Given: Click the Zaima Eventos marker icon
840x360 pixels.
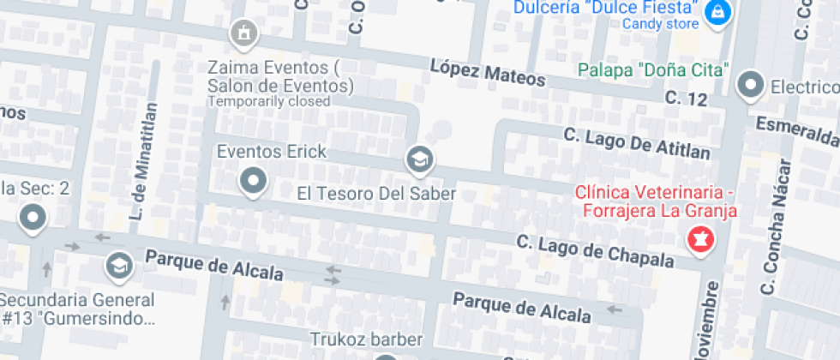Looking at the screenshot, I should pos(244,33).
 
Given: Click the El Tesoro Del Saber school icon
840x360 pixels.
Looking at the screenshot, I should pos(419,159).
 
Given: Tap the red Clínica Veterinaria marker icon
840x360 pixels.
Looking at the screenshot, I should pos(700,238).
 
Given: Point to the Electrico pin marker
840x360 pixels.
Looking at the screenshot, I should pos(751,85).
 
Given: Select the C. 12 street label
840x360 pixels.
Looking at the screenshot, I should pos(686,99).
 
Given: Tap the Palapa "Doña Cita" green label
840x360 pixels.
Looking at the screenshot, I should pos(653,69).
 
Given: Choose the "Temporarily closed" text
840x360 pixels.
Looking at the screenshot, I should pos(268,101).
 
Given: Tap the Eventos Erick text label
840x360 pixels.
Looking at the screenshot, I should pos(271,152).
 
